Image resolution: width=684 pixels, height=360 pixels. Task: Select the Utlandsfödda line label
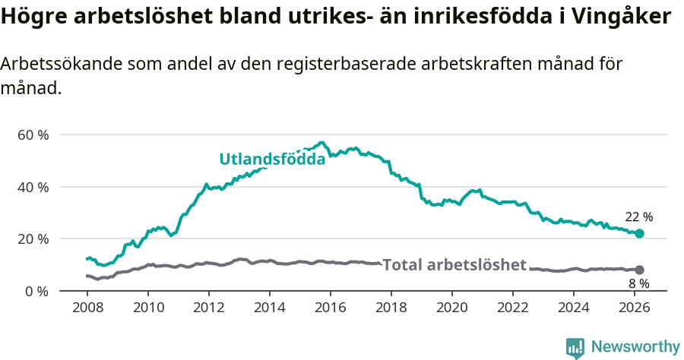pos(272,159)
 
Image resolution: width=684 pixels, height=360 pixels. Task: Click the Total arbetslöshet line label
pos(454,265)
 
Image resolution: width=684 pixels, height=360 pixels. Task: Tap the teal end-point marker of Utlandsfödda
pos(639,233)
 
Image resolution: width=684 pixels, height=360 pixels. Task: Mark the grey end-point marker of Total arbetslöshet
pos(639,270)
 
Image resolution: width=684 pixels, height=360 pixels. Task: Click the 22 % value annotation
pos(638,217)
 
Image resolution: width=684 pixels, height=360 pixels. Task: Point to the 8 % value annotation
pos(638,284)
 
